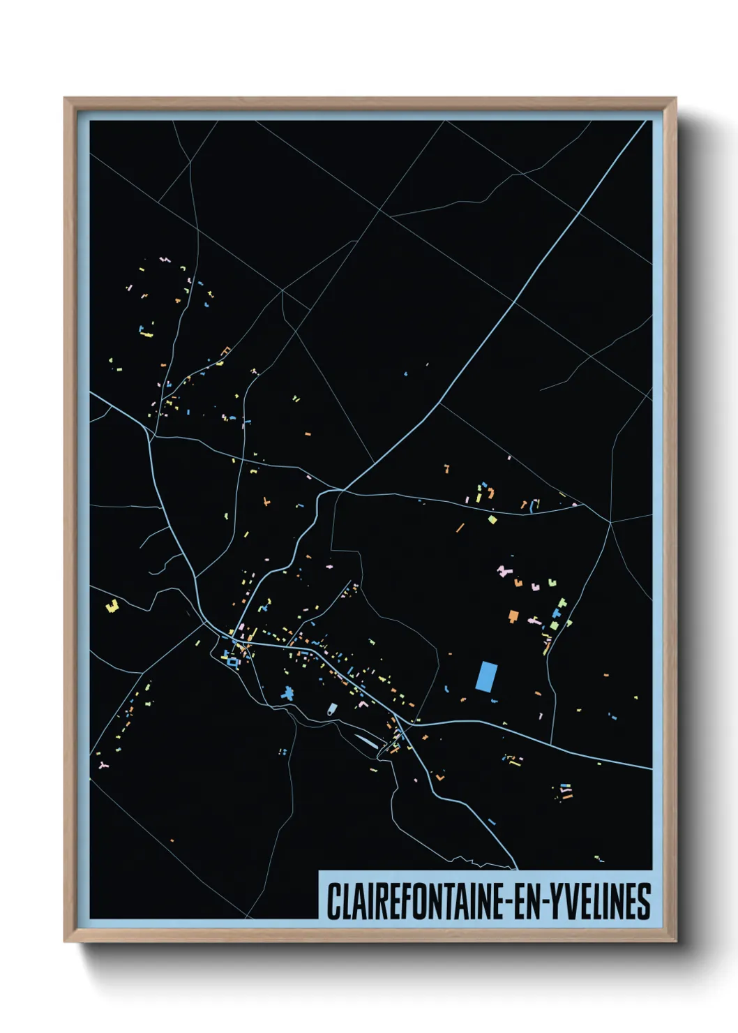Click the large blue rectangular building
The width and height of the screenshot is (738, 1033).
(487, 676)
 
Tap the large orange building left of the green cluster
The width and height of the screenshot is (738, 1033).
(513, 616)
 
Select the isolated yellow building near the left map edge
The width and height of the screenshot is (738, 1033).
(112, 606)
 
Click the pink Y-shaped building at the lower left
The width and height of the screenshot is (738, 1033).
(104, 766)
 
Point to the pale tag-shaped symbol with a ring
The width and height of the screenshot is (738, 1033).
(332, 709)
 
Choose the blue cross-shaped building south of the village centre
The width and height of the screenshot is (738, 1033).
(287, 693)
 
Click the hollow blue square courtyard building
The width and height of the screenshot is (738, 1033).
(232, 661)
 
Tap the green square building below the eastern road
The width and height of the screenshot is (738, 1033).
(492, 519)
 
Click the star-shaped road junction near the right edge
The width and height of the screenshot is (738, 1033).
(610, 522)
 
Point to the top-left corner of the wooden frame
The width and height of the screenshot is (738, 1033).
(66, 99)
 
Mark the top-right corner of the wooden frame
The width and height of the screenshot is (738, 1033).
(675, 99)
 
